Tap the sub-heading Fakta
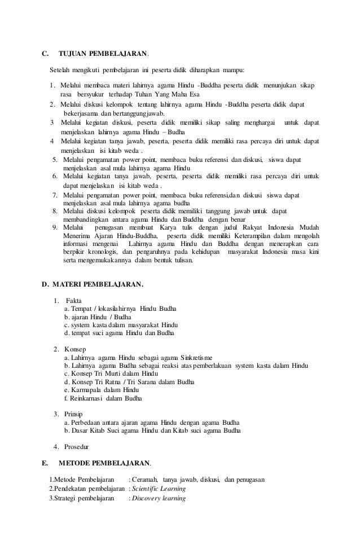point(74,300)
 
